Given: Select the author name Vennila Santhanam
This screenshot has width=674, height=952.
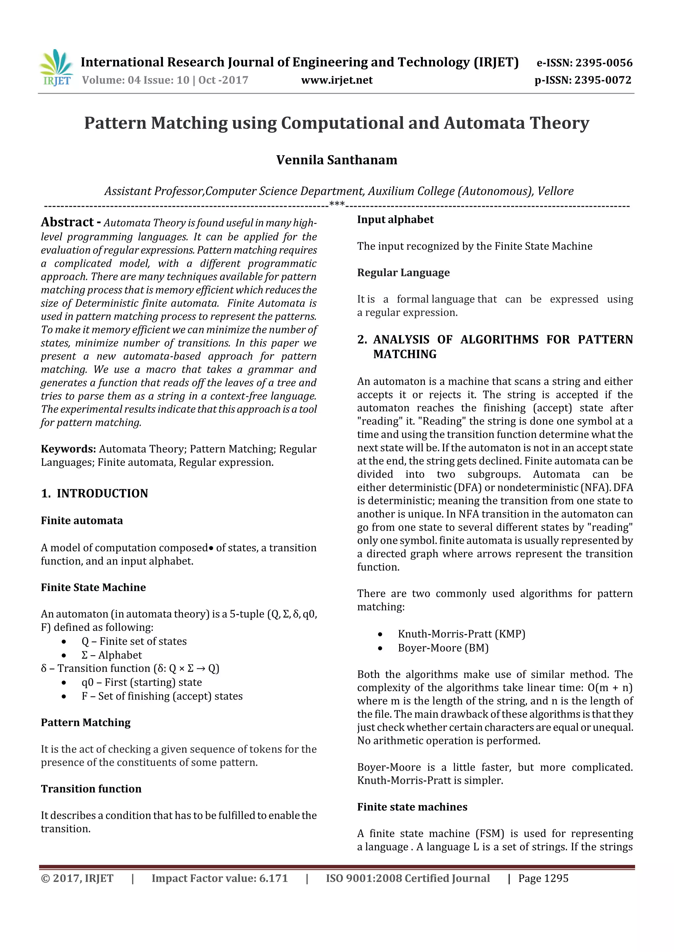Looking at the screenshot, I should tap(337, 160).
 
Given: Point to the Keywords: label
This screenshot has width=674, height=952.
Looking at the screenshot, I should tap(68, 449).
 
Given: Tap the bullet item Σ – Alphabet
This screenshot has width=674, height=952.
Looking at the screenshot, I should tap(111, 655).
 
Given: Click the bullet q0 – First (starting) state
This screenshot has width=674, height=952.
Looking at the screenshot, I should tap(141, 682).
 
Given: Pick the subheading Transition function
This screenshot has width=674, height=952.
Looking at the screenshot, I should tap(91, 789).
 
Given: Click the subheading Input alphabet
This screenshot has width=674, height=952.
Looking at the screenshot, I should tap(395, 220).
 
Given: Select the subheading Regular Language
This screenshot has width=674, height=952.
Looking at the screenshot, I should tap(403, 273).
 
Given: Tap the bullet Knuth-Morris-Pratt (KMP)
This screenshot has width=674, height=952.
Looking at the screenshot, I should tap(461, 634).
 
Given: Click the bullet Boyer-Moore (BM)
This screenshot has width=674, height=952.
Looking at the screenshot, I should tap(443, 648).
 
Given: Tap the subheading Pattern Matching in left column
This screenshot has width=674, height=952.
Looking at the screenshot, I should tap(86, 723).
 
